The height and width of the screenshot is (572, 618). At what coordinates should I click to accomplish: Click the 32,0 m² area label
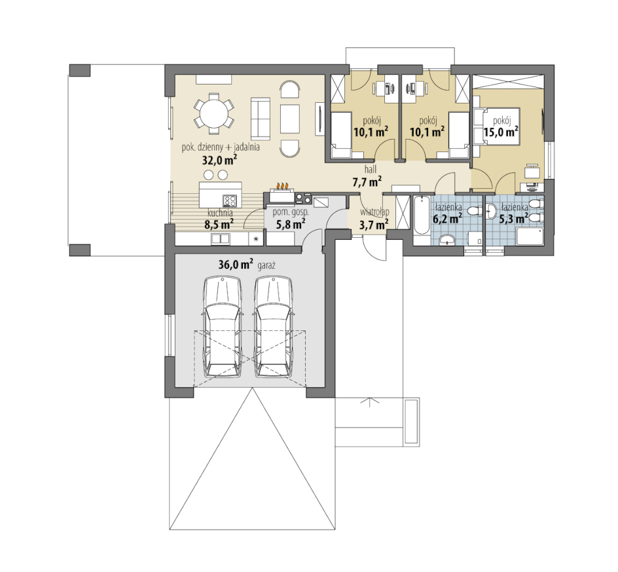219,160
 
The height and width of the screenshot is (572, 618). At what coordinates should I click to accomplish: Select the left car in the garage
223,327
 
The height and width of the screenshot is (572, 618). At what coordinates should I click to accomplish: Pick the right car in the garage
274,327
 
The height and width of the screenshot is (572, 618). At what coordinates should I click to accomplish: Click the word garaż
266,265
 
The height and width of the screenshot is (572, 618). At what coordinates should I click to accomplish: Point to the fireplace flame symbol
282,185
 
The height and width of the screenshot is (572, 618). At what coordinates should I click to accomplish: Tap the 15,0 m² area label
501,132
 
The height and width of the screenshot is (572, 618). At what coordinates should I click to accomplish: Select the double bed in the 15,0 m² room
497,126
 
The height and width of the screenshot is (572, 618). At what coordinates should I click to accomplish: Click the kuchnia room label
220,213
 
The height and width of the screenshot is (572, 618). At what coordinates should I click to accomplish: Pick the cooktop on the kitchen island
230,200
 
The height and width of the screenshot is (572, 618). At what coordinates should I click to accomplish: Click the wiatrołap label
374,212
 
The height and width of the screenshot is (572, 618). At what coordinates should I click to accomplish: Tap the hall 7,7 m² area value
367,181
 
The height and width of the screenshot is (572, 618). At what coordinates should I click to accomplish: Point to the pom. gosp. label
291,212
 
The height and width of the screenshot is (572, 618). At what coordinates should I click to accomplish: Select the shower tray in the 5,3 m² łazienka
530,237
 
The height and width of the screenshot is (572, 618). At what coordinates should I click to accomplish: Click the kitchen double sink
221,238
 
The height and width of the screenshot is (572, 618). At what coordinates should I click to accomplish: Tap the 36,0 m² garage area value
236,265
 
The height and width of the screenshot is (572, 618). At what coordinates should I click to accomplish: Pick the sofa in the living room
261,119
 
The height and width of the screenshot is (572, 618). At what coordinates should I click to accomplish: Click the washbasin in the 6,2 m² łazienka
446,239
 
